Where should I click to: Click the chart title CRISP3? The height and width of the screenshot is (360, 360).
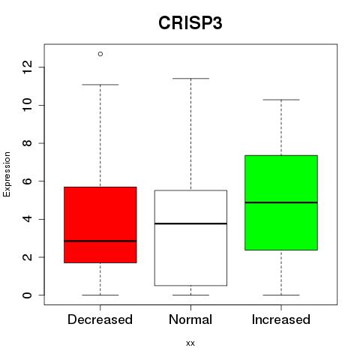pos(190,23)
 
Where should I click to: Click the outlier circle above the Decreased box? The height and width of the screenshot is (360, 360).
pos(100,54)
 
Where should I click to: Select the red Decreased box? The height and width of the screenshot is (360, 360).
pos(100,225)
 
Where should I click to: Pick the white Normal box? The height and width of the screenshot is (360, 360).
pos(190,238)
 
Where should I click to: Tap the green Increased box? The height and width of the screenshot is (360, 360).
pos(281,202)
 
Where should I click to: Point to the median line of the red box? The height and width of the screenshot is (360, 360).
pos(100,241)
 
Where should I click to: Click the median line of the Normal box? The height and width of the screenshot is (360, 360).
pos(190,223)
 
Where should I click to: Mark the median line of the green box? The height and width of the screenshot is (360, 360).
pos(281,202)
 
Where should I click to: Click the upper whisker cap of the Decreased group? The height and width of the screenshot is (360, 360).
pos(100,85)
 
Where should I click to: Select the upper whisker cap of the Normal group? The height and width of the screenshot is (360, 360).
pos(190,79)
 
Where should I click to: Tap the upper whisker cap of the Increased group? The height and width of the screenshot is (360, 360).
pos(281,100)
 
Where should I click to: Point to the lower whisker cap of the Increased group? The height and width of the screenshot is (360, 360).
pos(281,295)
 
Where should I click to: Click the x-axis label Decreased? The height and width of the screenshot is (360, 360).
pos(100,319)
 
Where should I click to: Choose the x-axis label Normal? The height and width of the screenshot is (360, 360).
pos(190,319)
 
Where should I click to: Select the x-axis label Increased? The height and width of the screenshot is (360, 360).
pos(281,319)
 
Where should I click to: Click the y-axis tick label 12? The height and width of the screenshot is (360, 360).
pos(27,67)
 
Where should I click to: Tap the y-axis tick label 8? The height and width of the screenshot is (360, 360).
pos(27,143)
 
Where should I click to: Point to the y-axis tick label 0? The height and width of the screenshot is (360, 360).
pos(27,295)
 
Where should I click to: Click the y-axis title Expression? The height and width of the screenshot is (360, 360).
pos(7,174)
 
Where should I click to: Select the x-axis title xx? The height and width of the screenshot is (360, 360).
pos(190,343)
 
